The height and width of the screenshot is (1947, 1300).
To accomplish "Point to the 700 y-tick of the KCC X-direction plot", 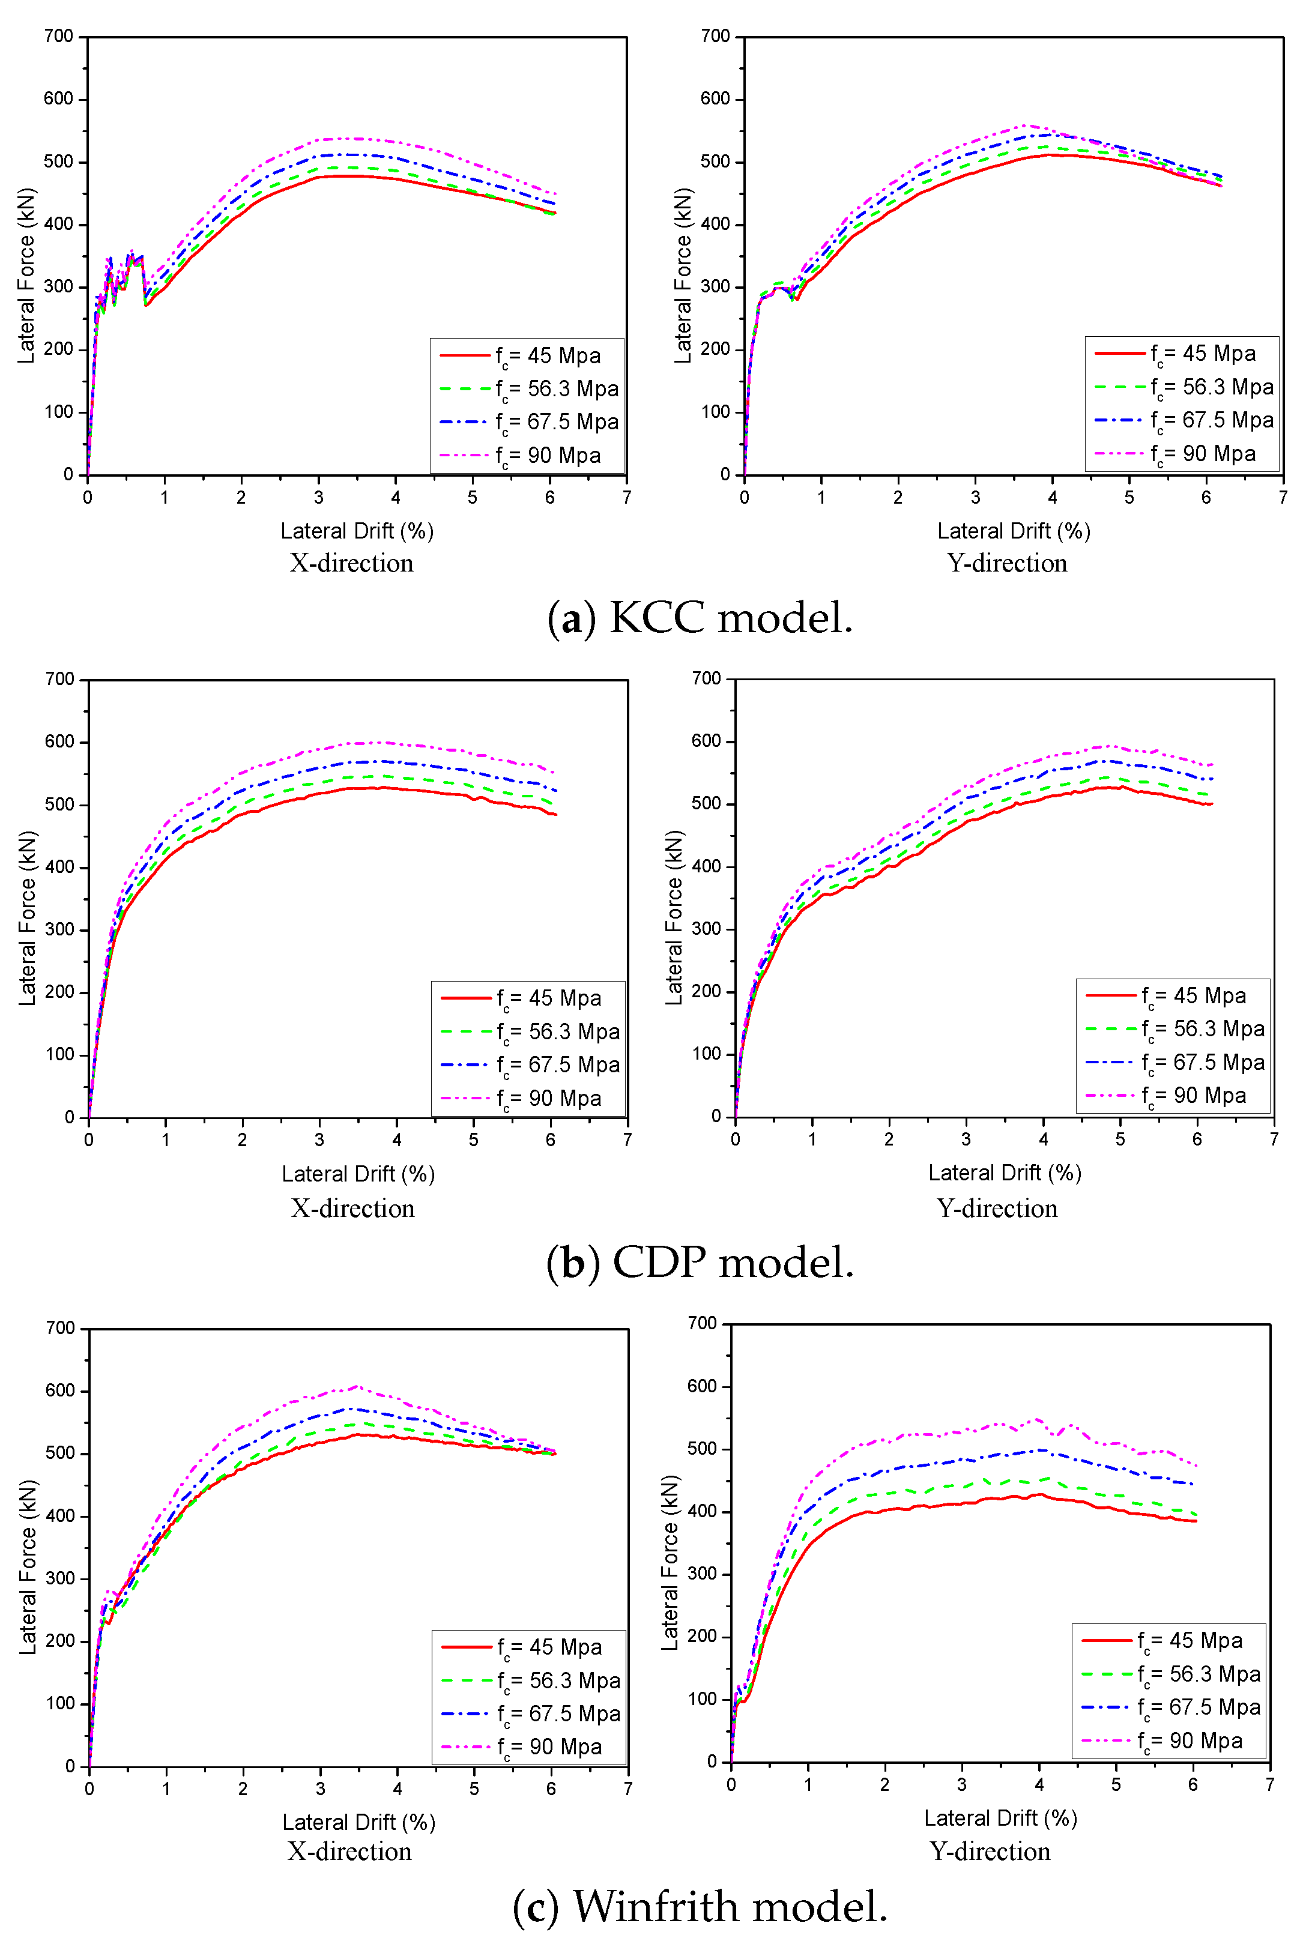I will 59,37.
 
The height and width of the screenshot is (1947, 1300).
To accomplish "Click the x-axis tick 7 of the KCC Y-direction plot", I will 1283,497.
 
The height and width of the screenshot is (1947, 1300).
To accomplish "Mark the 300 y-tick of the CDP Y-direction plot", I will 706,929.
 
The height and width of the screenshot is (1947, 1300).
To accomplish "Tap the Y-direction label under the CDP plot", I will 997,1208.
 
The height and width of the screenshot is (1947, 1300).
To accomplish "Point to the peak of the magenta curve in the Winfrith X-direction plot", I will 357,1387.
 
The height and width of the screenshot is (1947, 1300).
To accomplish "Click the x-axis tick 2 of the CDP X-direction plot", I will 242,1140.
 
